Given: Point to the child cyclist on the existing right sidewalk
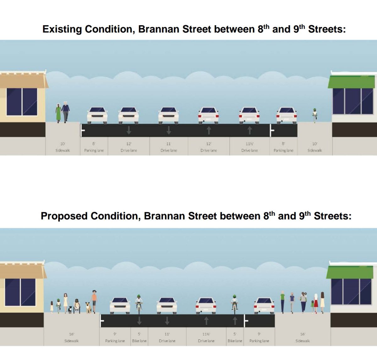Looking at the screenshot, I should [314, 115].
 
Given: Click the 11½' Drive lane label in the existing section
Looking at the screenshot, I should [249, 147].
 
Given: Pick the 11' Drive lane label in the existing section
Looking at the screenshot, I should [169, 147].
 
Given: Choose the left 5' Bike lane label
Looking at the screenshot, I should [139, 338].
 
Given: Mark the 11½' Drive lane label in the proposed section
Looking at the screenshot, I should [206, 338].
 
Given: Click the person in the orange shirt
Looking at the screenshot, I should [94, 301].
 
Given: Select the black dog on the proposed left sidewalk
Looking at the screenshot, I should [70, 309].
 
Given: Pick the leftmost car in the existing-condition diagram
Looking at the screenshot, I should [97, 115].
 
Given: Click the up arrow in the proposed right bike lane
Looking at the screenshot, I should [235, 321].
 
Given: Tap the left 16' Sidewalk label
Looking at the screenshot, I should [71, 338].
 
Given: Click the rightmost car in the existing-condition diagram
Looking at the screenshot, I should [287, 115].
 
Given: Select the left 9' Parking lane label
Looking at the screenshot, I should [115, 338].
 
